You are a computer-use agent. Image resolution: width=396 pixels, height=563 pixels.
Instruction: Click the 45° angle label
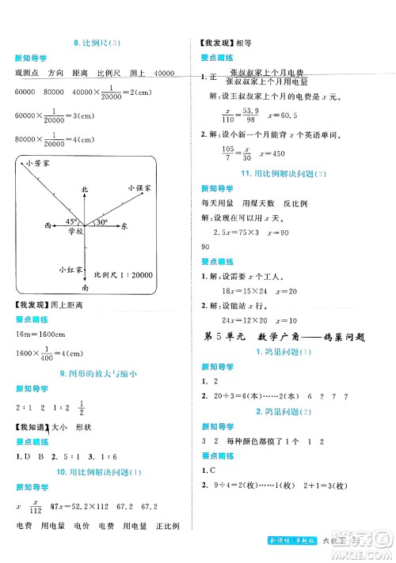[x=71, y=221]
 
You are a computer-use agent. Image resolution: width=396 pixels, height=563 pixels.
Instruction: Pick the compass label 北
[x=88, y=190]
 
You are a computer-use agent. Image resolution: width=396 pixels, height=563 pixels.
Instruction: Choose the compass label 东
[x=124, y=225]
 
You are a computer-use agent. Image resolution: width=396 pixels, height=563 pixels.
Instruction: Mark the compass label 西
[x=49, y=225]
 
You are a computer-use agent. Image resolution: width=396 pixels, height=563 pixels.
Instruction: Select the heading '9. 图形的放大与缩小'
[x=97, y=373]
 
